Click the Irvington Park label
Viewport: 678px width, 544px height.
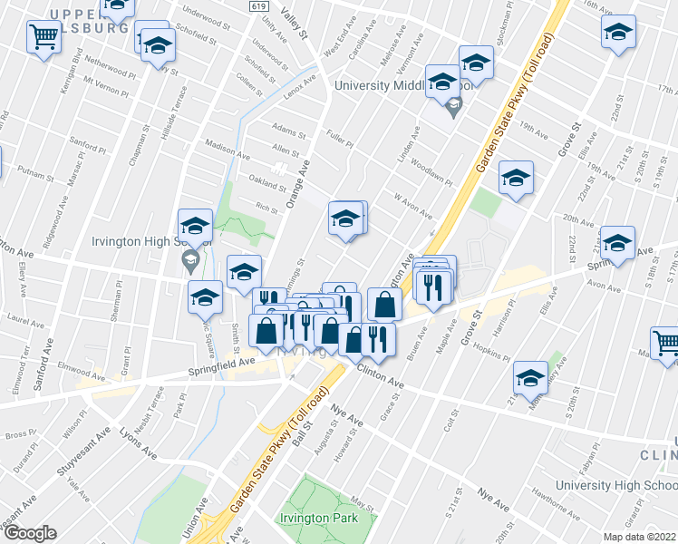click(x=325, y=518)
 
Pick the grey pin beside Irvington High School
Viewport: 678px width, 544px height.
click(x=190, y=264)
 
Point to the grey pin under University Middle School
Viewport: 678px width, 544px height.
click(x=456, y=112)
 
